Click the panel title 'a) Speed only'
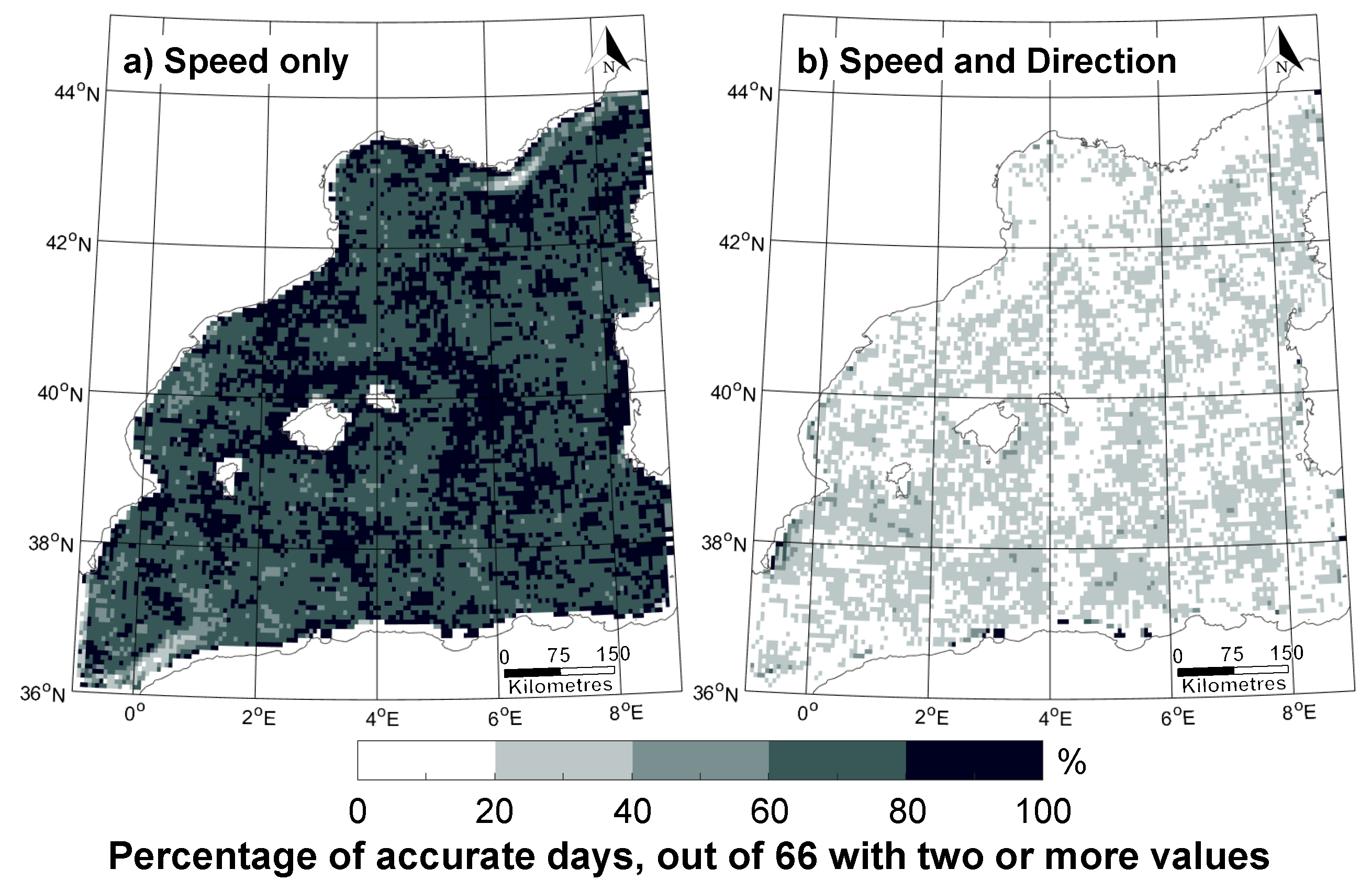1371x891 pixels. [x=236, y=61]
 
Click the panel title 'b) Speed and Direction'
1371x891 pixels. [x=986, y=61]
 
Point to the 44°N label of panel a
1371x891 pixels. [x=76, y=92]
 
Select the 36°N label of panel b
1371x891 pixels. [x=715, y=693]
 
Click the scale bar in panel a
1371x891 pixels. [x=560, y=671]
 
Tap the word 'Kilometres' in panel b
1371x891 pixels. [x=1234, y=685]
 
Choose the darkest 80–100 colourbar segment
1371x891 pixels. [x=974, y=760]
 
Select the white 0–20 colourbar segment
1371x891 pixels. [x=426, y=760]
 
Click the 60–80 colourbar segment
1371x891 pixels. [x=837, y=760]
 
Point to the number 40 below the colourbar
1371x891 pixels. [x=632, y=811]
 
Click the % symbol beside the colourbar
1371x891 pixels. [x=1072, y=763]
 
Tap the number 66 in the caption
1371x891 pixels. [x=796, y=856]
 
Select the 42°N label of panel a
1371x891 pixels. [x=69, y=242]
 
